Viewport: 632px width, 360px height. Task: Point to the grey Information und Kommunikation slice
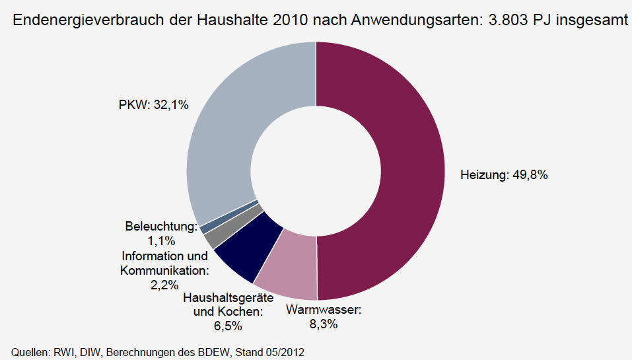212,234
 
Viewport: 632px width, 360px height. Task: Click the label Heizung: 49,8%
504,175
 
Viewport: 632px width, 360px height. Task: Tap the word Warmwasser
324,310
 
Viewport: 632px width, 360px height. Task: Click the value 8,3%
324,324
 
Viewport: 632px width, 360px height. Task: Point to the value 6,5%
228,326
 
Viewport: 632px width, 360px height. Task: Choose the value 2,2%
164,285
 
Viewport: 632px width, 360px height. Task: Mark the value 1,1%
161,241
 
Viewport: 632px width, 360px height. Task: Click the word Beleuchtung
160,227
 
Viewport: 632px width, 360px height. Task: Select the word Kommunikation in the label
164,270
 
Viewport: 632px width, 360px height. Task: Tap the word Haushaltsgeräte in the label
219,297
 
